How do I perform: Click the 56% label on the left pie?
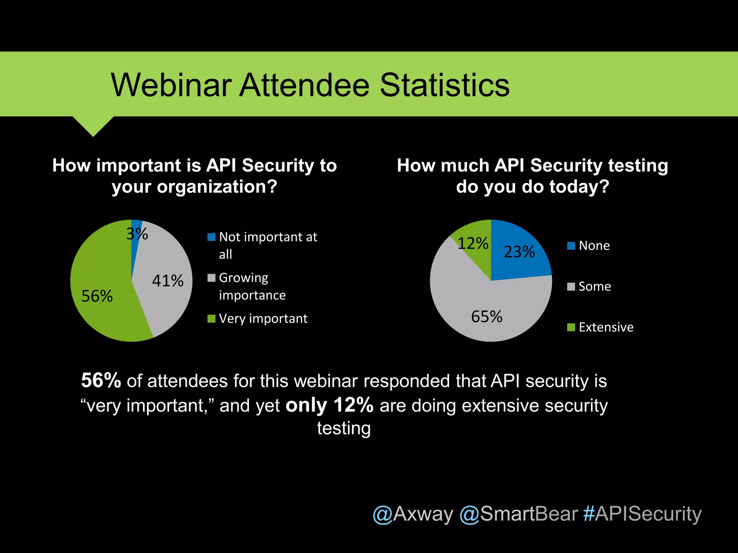coord(97,296)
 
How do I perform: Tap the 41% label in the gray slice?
coord(168,281)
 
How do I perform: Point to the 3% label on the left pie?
coord(137,234)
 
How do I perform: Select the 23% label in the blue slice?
coord(519,252)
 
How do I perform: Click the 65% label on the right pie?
coord(486,317)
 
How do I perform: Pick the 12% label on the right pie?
coord(473,243)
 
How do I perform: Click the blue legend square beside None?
coord(571,246)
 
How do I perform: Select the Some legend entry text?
coord(595,287)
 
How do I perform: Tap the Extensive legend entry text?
coord(606,327)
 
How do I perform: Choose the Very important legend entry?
coord(263,319)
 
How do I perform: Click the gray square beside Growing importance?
coord(212,278)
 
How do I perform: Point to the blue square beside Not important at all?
coord(212,237)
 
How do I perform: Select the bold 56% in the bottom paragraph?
coord(101,380)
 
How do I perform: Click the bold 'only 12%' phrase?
coord(329,405)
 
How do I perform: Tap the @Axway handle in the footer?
coord(413,514)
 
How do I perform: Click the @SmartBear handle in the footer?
coord(519,514)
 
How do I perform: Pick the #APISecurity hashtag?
coord(643,514)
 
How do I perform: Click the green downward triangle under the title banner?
coord(93,125)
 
